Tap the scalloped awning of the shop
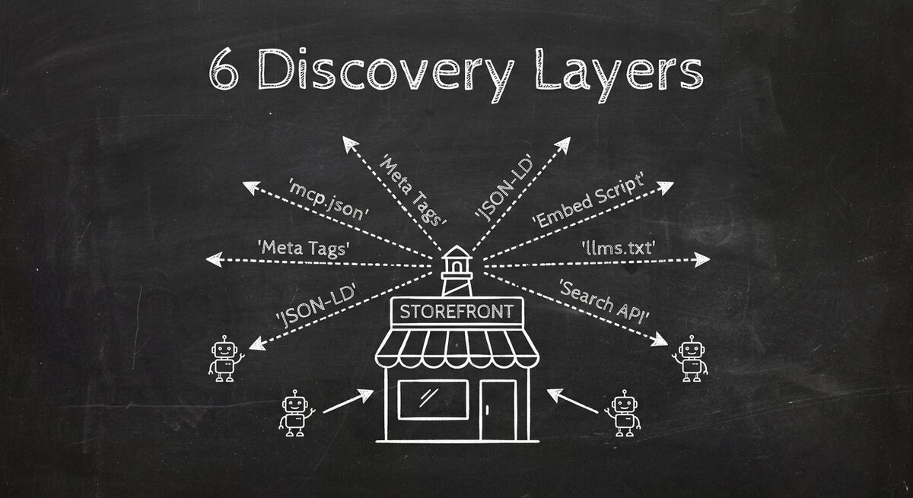(456, 346)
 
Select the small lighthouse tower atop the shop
(456, 270)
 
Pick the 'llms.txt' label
(617, 246)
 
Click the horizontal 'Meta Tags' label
(304, 247)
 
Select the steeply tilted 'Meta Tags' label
(412, 189)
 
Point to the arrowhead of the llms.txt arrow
(701, 259)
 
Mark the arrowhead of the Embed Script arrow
(666, 186)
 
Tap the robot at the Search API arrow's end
(690, 359)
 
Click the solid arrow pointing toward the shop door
(572, 401)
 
